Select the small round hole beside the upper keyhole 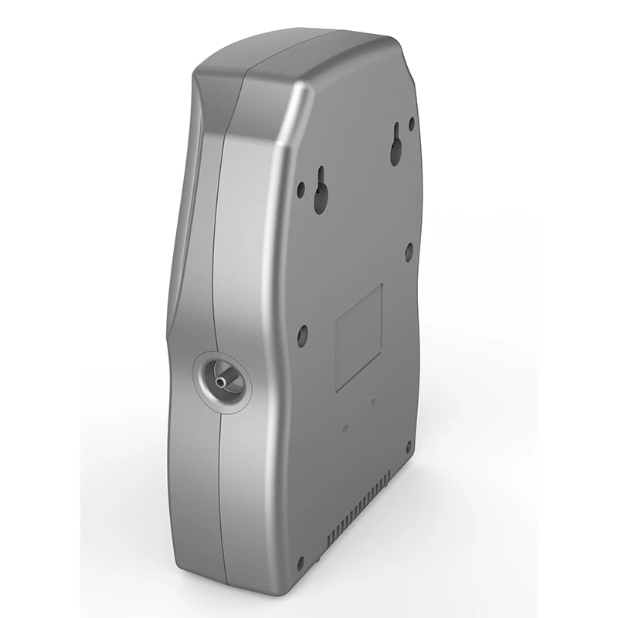(x=412, y=123)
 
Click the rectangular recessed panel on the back (x=359, y=338)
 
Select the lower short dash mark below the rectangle (x=345, y=426)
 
